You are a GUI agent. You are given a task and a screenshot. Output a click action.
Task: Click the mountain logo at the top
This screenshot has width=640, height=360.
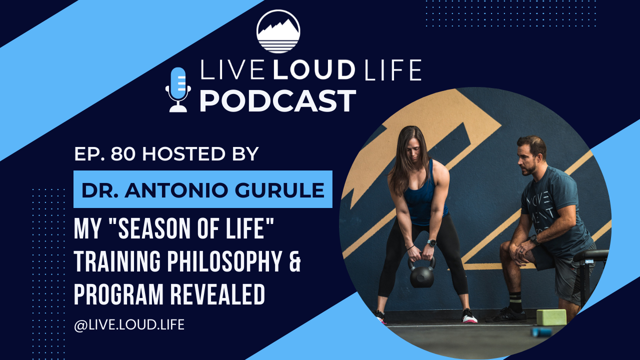click(x=278, y=31)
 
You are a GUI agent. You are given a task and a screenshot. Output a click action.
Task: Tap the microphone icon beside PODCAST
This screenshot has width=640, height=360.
click(x=178, y=89)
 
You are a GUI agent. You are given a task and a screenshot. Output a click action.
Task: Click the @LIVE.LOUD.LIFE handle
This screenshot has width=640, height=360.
click(x=129, y=324)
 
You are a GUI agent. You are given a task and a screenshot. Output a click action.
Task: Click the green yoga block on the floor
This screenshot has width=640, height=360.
click(x=551, y=317)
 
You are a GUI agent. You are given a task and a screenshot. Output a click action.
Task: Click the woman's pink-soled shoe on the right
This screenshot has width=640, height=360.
click(x=469, y=316)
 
